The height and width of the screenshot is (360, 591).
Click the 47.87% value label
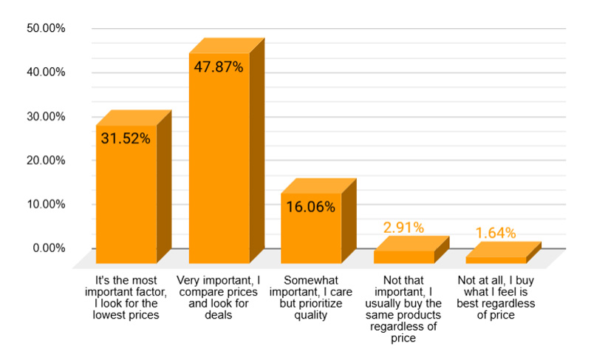(x=219, y=67)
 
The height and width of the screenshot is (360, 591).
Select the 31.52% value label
(x=126, y=138)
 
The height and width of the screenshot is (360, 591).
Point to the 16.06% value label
(x=311, y=207)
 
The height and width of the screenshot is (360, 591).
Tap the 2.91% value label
(x=403, y=228)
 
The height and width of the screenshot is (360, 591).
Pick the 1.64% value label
(x=495, y=234)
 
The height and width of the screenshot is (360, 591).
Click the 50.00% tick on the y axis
(x=46, y=28)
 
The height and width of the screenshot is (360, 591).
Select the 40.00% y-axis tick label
(x=46, y=72)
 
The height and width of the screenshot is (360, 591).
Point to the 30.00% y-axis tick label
(x=46, y=116)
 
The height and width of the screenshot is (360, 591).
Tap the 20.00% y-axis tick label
(x=46, y=160)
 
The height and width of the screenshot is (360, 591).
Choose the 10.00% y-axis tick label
(x=46, y=204)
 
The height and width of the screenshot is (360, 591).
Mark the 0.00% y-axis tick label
(x=49, y=248)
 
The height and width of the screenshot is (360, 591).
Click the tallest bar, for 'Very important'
(x=219, y=163)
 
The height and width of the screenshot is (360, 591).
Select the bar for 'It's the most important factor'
(x=126, y=200)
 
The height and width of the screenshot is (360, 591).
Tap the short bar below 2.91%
(x=403, y=257)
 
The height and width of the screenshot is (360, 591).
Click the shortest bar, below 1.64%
(x=495, y=259)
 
